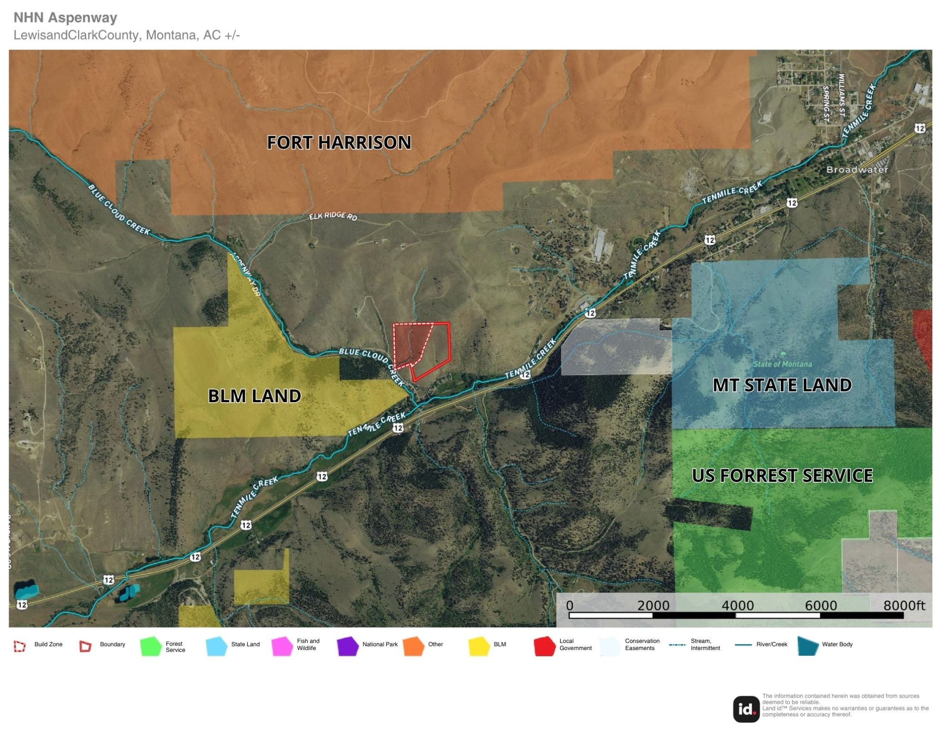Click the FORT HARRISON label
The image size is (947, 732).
(x=339, y=142)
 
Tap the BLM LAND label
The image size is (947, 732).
(x=254, y=396)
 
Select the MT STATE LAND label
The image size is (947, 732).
(x=782, y=385)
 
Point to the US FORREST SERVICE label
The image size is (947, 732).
(x=782, y=476)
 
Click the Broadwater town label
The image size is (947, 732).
(x=857, y=170)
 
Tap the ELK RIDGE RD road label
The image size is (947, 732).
(x=333, y=216)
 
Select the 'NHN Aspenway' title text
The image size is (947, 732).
(x=65, y=18)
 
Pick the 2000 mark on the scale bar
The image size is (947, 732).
(x=653, y=606)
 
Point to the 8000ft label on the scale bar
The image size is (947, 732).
(x=904, y=606)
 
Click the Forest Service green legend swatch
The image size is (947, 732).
(x=151, y=646)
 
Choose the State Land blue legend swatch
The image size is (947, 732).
(x=217, y=646)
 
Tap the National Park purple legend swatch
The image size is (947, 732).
(x=348, y=646)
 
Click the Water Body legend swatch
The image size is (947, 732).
(x=808, y=646)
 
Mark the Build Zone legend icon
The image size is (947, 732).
(x=20, y=646)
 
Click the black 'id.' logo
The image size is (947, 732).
(x=746, y=709)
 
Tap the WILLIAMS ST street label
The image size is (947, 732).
(x=842, y=95)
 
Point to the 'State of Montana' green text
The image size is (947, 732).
(x=782, y=364)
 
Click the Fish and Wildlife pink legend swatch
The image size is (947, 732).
(x=282, y=646)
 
